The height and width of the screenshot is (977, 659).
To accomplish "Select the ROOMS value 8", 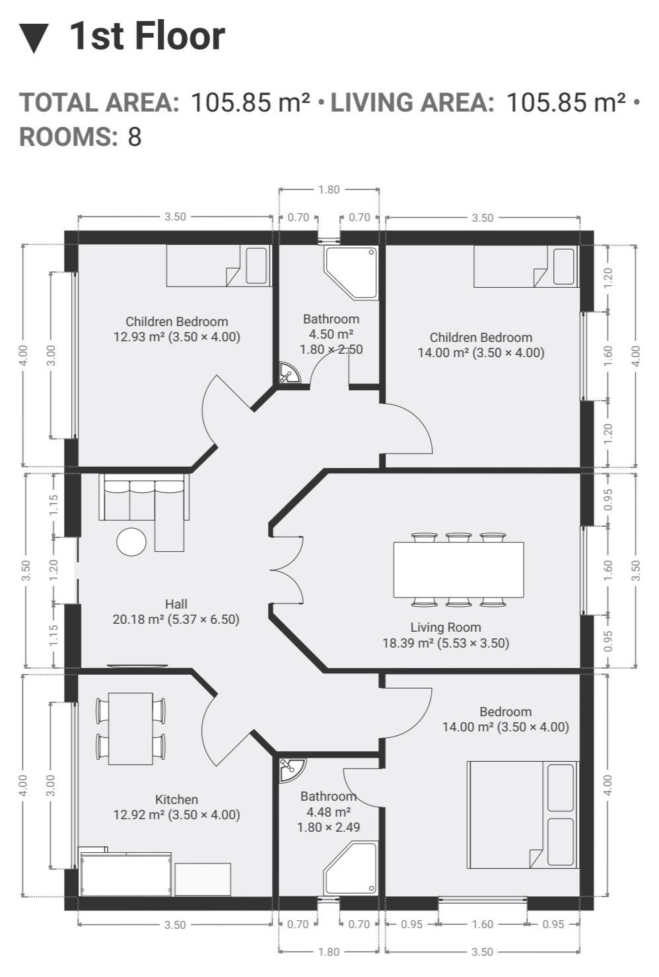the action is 135,137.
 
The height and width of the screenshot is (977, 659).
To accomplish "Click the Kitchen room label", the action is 177,799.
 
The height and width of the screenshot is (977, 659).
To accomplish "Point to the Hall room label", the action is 176,604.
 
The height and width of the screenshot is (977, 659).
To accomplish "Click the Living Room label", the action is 446,627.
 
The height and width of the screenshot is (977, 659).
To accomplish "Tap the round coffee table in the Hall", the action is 131,542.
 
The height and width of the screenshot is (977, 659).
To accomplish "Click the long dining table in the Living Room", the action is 459,570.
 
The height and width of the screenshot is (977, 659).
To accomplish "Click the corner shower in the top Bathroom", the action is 351,273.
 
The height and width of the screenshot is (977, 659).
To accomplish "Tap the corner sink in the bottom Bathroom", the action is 291,770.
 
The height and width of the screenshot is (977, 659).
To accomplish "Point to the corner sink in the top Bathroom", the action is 289,372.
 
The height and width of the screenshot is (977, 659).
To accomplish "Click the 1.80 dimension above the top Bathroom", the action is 329,189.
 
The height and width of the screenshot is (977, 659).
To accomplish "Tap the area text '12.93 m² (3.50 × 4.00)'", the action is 177,337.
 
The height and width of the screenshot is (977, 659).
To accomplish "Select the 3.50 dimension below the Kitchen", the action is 176,925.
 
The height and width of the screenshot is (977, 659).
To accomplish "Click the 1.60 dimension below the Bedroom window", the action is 483,924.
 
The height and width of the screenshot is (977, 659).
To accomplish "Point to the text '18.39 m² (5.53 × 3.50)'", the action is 446,643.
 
